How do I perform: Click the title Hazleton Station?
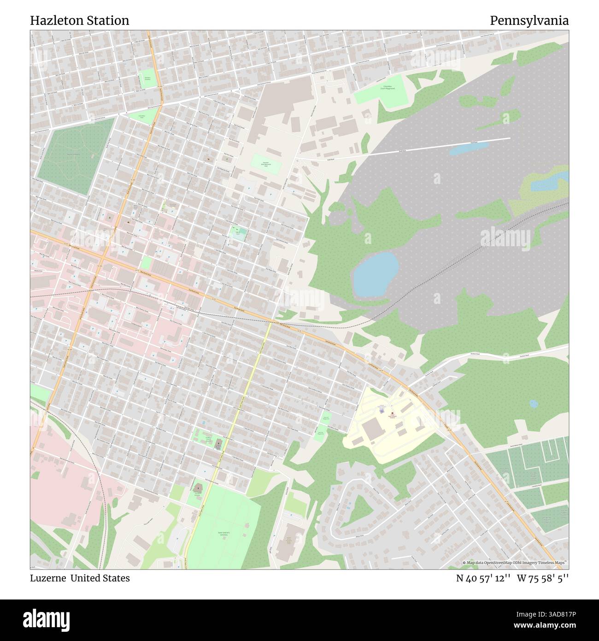click(x=80, y=21)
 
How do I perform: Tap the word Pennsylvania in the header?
click(x=529, y=21)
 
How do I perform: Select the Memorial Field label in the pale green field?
click(x=266, y=164)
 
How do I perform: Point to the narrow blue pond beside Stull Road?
click(x=468, y=148)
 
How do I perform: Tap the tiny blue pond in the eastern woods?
click(x=534, y=404)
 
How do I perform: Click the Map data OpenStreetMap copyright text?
click(x=515, y=563)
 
